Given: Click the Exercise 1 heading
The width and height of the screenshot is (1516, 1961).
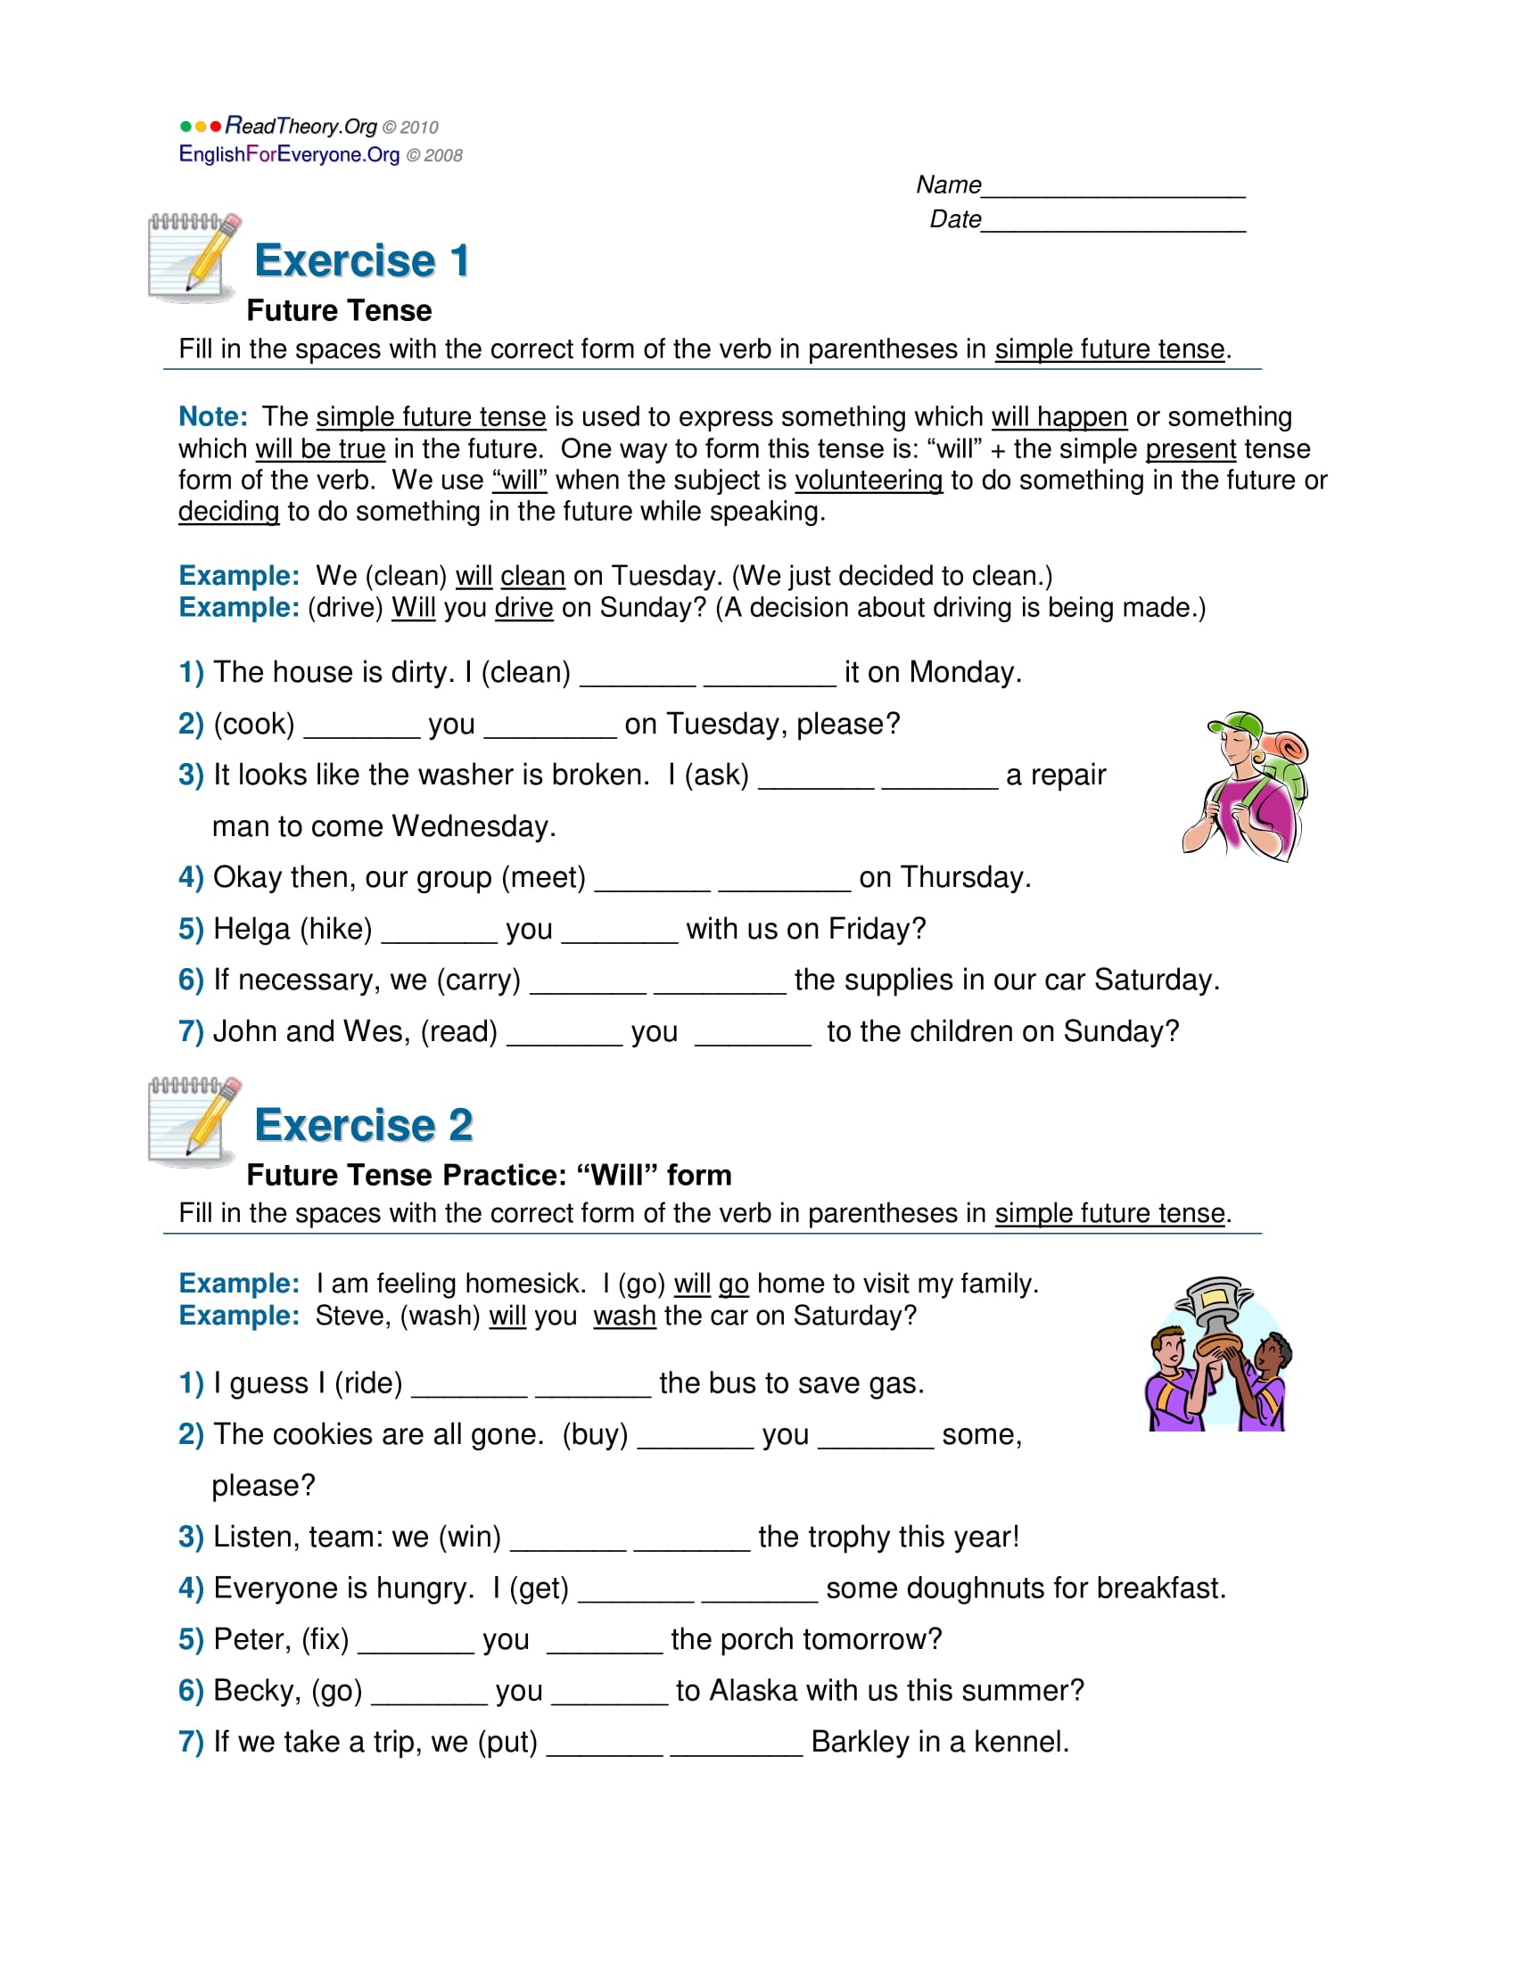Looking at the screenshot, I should [x=362, y=260].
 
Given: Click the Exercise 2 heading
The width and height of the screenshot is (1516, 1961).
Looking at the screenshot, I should [x=364, y=1125].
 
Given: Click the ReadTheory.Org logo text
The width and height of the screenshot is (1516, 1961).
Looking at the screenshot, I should [x=301, y=126].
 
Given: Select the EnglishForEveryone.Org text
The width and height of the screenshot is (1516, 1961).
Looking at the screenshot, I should [x=289, y=154].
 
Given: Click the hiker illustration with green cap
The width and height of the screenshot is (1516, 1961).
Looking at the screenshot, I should [x=1246, y=785].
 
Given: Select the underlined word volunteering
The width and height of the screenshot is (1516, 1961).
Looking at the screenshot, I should [x=868, y=480].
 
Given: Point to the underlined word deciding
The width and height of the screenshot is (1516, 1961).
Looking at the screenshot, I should [x=228, y=512].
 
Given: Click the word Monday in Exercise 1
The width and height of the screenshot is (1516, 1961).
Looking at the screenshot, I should [x=963, y=672].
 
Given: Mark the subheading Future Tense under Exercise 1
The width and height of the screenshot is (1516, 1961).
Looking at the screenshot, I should [x=339, y=311].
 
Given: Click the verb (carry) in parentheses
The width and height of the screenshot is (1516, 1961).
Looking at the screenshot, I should [x=479, y=980].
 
